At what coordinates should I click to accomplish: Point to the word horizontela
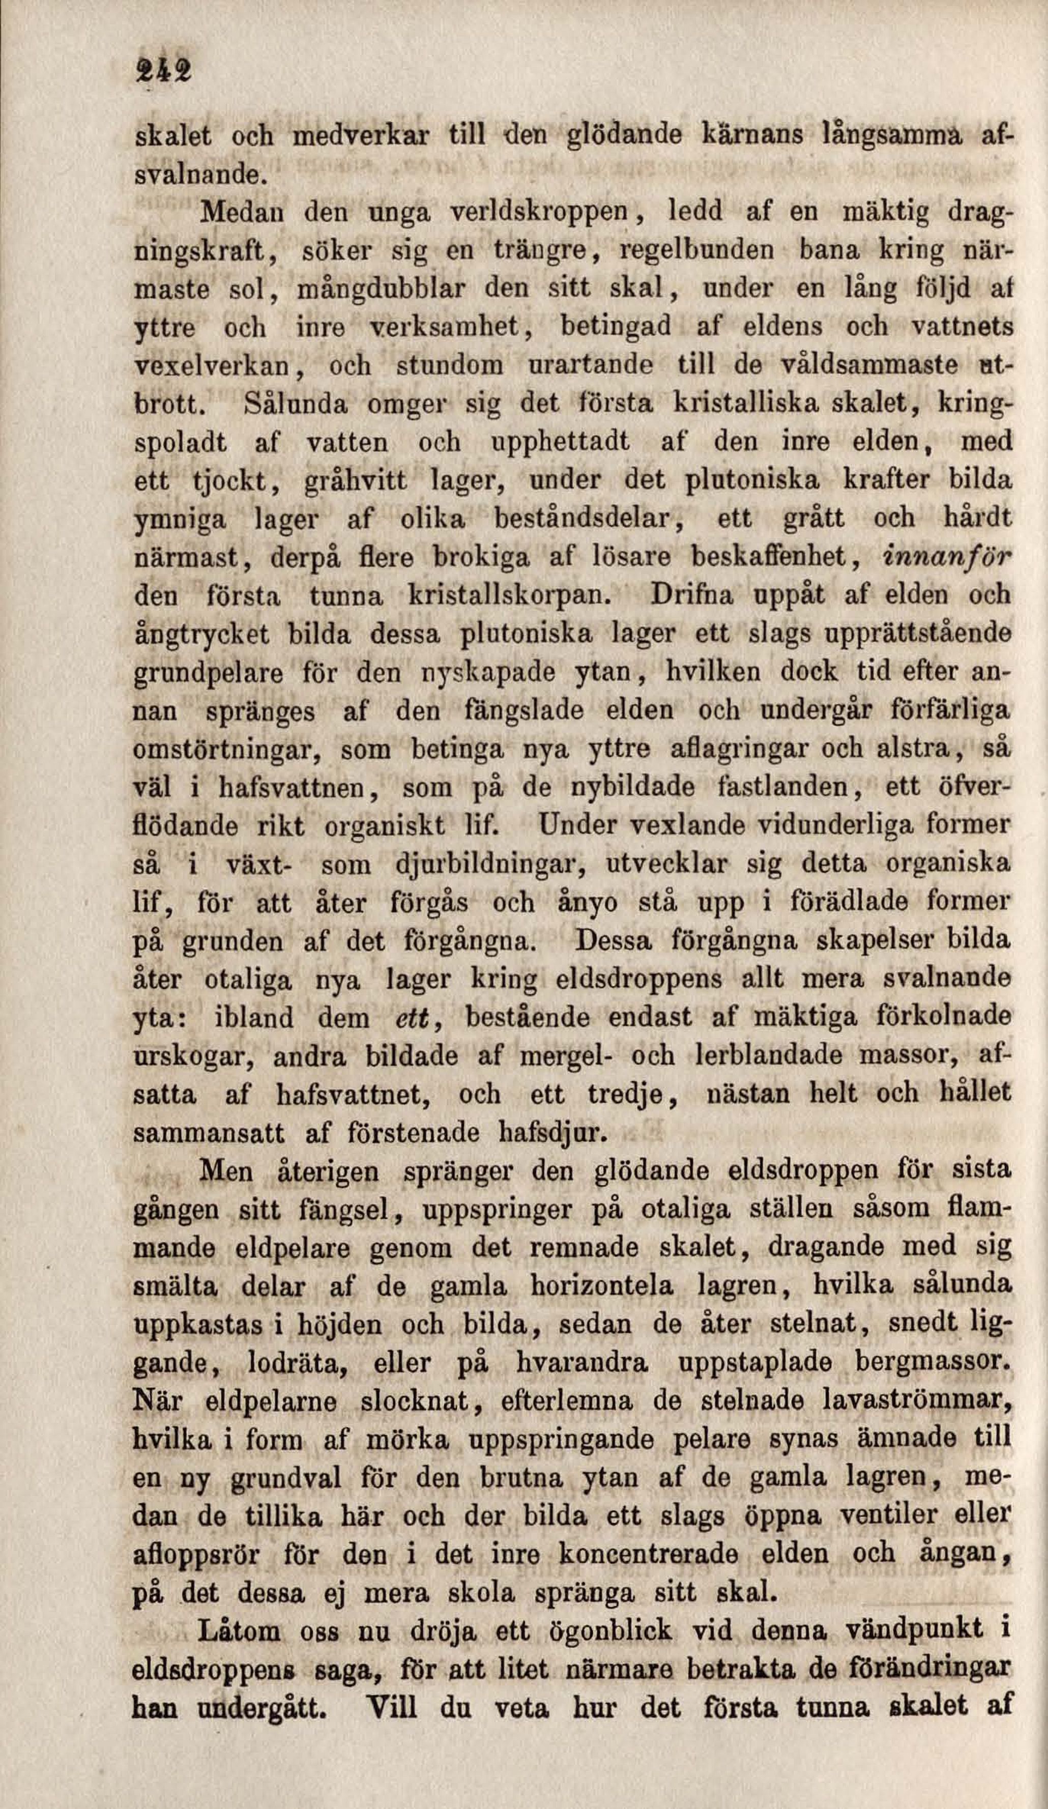pyautogui.click(x=601, y=1285)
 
